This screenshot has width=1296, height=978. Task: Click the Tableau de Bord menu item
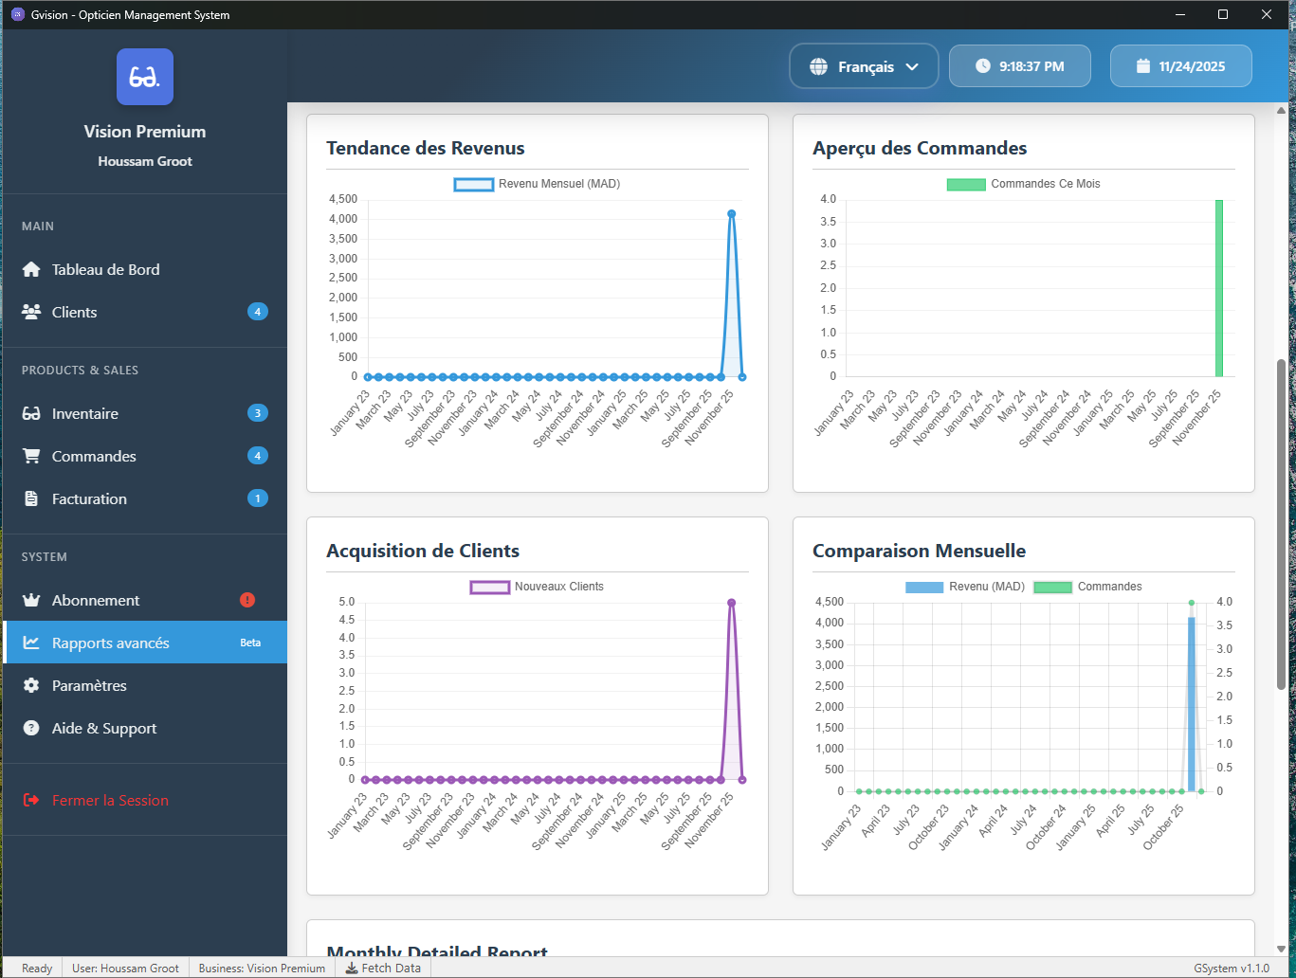[x=105, y=270]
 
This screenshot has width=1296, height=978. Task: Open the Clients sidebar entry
[x=74, y=313]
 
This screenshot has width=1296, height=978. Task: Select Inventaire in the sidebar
[x=84, y=414]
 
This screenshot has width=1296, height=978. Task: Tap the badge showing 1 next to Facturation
[x=257, y=498]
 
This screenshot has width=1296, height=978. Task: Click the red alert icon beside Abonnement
[x=247, y=600]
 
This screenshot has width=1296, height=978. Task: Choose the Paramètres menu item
[x=89, y=686]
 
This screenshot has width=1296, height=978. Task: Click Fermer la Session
[x=110, y=801]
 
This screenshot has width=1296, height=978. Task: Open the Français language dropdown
[x=864, y=66]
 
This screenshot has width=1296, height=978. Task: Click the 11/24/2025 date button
[x=1180, y=66]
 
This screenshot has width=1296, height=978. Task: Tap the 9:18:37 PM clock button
[x=1019, y=66]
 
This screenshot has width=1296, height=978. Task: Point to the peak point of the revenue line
[x=731, y=214]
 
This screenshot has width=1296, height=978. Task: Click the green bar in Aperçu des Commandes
[x=1219, y=288]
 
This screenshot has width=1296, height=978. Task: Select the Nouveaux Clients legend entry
[x=538, y=587]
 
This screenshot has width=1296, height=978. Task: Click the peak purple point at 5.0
[x=731, y=603]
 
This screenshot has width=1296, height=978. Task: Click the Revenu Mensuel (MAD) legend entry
[x=538, y=184]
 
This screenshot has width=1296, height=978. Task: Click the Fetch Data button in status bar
[x=383, y=969]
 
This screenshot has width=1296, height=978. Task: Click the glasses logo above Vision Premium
[x=145, y=77]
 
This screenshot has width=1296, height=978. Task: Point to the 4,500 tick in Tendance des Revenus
[x=343, y=199]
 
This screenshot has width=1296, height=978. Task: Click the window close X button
[x=1266, y=14]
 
